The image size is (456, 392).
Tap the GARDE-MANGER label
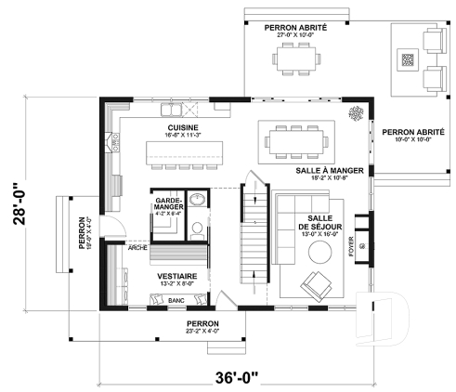(168, 204)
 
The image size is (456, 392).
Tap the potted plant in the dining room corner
(355, 113)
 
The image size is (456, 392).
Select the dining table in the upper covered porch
(295, 59)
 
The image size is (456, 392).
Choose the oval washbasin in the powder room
(197, 200)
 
